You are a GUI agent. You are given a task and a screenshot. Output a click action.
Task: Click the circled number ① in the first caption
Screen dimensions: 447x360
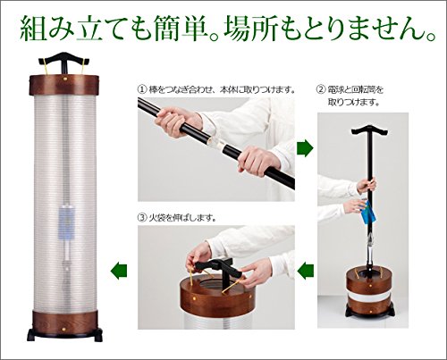[x=142, y=89]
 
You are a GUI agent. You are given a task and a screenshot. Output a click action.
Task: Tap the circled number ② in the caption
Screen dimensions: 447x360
[x=320, y=89]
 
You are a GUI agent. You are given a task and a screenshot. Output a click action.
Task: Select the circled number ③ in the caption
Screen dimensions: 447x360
[x=142, y=218]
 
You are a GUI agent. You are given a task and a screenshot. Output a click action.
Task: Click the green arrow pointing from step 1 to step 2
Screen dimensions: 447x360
[x=305, y=148]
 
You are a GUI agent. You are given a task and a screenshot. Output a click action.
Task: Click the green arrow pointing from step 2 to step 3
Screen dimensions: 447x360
[x=306, y=271]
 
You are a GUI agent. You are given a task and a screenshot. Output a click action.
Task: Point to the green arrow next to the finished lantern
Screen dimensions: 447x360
[x=119, y=271]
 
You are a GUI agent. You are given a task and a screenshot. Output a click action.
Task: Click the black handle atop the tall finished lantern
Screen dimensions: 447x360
[x=64, y=60]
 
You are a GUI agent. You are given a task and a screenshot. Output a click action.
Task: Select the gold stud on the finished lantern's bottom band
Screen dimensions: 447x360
[x=63, y=329]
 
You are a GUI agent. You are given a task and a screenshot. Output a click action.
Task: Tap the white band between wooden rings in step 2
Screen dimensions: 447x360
[x=370, y=297]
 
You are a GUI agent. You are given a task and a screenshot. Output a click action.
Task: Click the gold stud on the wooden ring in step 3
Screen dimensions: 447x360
[x=195, y=297]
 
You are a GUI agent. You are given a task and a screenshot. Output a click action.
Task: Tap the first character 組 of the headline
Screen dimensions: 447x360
[x=34, y=29]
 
